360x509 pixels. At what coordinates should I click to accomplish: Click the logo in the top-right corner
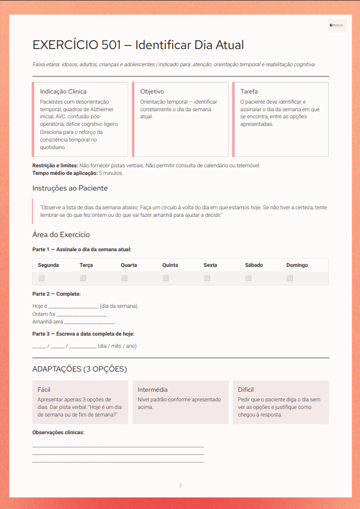coord(337,25)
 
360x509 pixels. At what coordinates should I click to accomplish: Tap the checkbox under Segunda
coord(41,278)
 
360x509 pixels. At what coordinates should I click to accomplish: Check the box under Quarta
coord(124,278)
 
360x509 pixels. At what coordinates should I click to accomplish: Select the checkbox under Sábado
coord(248,278)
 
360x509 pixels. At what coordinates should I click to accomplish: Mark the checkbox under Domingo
coord(290,278)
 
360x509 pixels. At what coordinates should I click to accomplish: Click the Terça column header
coord(86,265)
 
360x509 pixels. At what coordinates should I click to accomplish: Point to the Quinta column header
coord(170,265)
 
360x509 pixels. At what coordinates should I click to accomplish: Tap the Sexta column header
coord(210,265)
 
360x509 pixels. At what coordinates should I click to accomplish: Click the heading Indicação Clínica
coord(63,91)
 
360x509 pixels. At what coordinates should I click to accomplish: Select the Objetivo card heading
coord(152,91)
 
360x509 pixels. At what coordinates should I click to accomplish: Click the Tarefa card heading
coord(249,91)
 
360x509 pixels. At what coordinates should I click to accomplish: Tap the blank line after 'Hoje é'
coord(73,307)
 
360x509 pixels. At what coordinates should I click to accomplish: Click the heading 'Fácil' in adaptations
coord(44,390)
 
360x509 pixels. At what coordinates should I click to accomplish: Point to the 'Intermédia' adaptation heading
coord(153,390)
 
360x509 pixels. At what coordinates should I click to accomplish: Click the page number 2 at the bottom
coord(180,486)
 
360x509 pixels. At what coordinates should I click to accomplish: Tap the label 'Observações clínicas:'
coord(58,433)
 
